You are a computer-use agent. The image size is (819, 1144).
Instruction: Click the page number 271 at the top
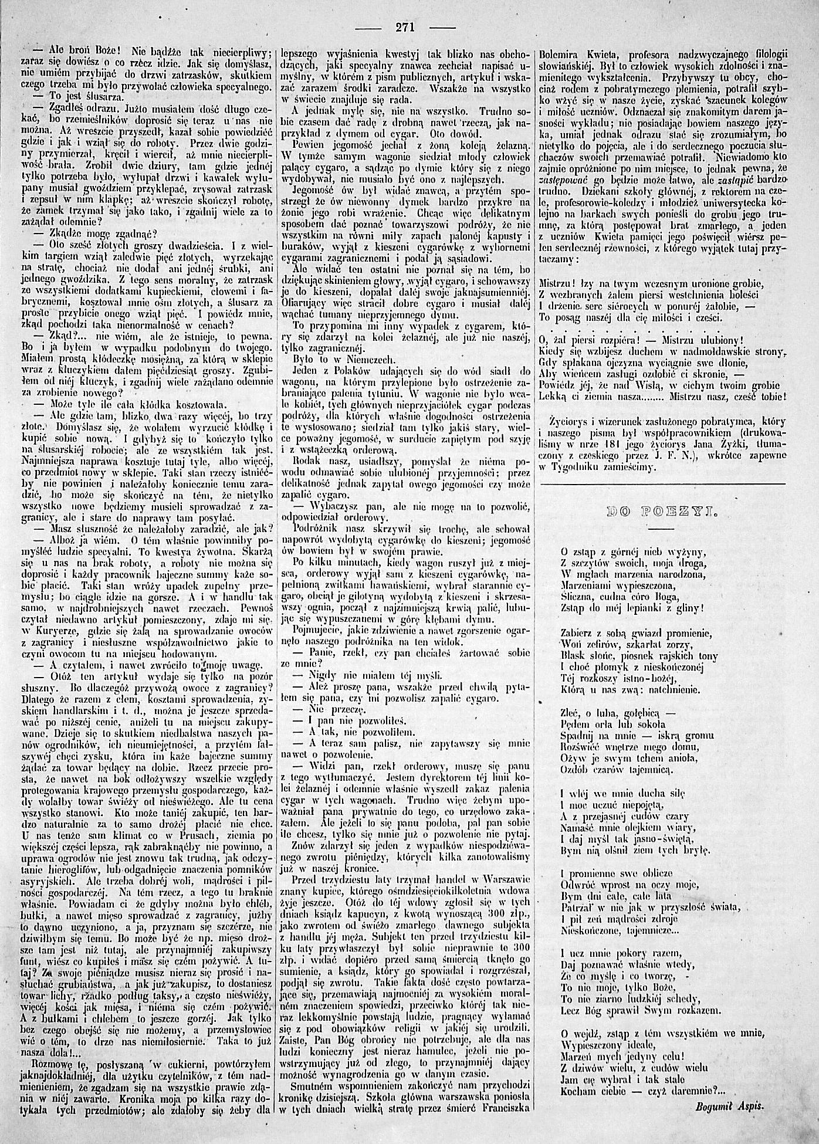(405, 26)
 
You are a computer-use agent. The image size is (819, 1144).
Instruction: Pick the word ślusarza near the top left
(100, 94)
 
